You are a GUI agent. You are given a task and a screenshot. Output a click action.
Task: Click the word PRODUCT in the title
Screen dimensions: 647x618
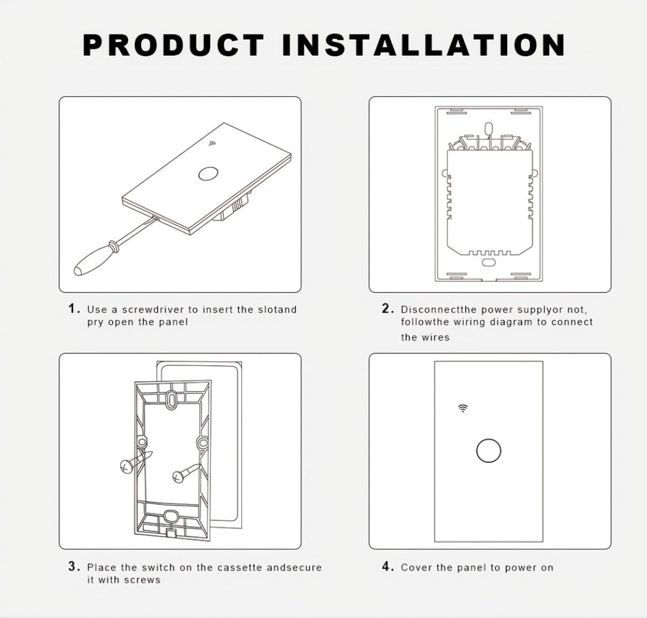tap(174, 44)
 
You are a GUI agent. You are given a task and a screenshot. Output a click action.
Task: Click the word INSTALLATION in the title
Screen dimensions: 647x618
tap(424, 44)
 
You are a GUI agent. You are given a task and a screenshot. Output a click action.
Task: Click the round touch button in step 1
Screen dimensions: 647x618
tap(205, 175)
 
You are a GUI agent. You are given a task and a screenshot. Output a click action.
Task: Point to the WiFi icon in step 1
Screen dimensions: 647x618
tap(212, 144)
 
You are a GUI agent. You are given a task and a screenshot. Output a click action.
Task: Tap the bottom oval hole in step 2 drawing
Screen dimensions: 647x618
tap(489, 262)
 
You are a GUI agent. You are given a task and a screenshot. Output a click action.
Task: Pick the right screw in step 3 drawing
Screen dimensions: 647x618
tap(186, 472)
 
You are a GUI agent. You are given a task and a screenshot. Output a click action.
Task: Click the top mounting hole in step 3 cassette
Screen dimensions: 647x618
tap(171, 399)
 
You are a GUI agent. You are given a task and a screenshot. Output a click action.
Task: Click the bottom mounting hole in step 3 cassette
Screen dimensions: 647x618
tap(171, 516)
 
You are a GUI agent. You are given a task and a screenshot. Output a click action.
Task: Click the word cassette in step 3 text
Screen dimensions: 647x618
tap(239, 568)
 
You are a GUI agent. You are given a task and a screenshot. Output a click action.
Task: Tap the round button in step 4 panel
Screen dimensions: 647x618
tap(489, 451)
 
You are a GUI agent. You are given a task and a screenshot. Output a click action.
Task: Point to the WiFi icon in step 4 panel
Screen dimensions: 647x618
tap(463, 408)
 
